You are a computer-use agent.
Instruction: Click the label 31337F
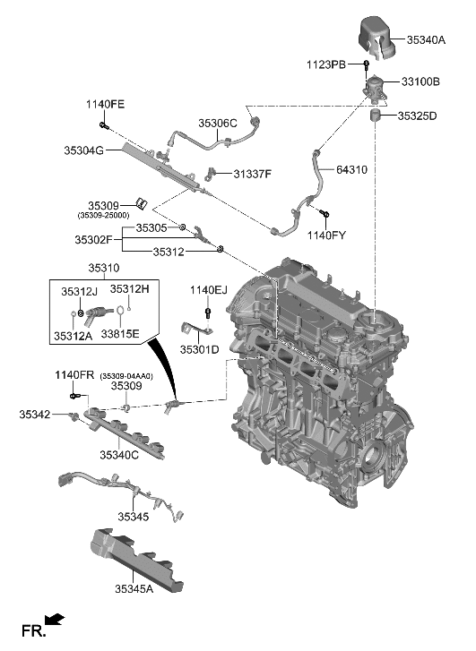(253, 173)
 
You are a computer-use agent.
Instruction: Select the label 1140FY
(326, 235)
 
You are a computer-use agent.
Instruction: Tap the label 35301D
(200, 349)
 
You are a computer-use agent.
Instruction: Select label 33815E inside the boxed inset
(118, 333)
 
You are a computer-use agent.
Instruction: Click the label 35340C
(119, 456)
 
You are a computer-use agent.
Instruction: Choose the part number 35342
(39, 414)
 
